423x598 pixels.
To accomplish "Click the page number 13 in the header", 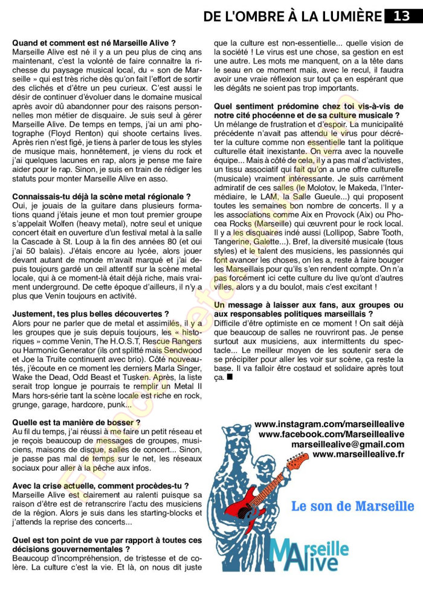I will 402,16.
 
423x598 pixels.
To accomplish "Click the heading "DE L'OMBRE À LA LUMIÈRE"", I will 292,16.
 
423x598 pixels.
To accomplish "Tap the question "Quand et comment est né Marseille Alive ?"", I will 94,43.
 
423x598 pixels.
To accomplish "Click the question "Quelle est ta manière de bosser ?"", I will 76,422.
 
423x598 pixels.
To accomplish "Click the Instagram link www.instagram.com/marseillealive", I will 329,425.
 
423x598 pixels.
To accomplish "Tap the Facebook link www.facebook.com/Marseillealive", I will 331,434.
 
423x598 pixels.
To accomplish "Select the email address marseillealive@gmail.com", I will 347,444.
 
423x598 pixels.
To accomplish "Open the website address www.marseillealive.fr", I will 358,454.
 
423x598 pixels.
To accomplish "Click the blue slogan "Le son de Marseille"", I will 352,506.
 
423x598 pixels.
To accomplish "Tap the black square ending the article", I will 229,377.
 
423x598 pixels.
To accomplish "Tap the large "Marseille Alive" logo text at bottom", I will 311,552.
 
